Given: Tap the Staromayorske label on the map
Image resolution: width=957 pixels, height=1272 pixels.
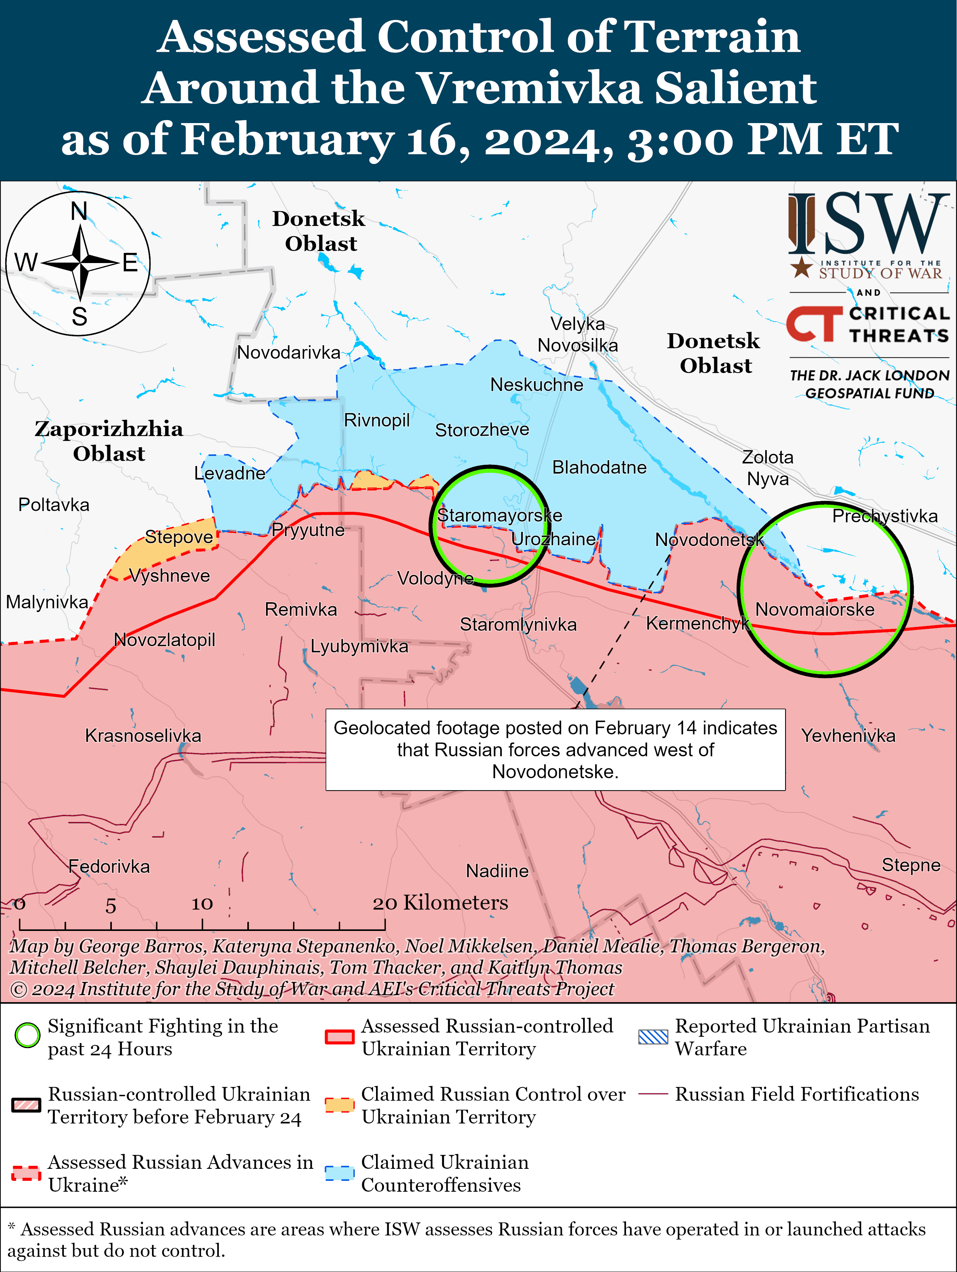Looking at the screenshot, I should [x=499, y=515].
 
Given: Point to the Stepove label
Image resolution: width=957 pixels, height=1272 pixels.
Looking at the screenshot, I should [x=179, y=537].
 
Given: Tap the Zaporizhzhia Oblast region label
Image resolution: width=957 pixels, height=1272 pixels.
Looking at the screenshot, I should [x=109, y=441].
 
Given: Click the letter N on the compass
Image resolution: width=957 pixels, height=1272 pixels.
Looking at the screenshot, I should [x=79, y=212].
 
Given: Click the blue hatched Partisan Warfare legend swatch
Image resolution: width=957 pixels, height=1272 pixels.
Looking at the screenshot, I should [x=653, y=1037].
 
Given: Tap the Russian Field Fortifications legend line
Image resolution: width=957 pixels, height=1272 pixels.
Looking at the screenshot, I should [x=653, y=1094].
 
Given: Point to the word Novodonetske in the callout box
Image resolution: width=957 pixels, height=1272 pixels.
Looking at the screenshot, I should [x=555, y=772].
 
